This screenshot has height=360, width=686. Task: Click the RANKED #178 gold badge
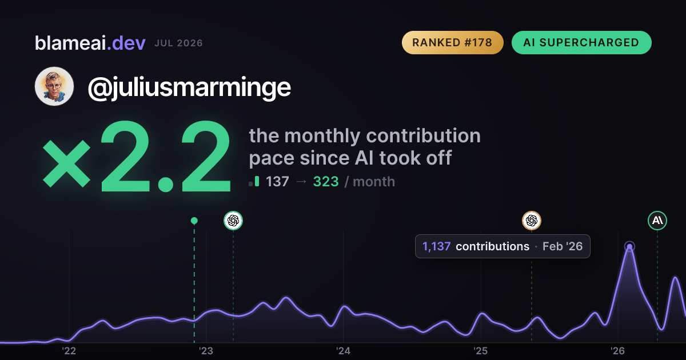click(x=452, y=42)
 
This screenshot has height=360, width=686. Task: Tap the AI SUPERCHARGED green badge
click(x=581, y=42)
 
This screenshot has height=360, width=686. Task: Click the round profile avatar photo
click(x=54, y=86)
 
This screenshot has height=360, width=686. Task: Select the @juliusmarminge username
click(x=189, y=88)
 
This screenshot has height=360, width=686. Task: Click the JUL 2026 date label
click(x=178, y=43)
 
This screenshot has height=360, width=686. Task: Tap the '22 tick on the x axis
click(x=69, y=351)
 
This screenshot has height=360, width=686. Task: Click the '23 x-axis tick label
click(x=206, y=351)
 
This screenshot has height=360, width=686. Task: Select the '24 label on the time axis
click(x=343, y=351)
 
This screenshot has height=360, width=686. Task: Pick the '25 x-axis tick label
click(x=481, y=351)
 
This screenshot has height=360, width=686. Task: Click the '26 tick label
click(x=617, y=351)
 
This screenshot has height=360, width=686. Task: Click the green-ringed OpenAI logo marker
click(x=233, y=221)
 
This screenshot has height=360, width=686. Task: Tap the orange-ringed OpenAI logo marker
click(x=532, y=221)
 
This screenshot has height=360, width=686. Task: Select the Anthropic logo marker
click(x=657, y=221)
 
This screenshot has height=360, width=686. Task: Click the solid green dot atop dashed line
click(x=194, y=221)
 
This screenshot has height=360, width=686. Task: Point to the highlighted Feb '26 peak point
click(x=629, y=246)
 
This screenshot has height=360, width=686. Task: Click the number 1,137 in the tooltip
click(x=436, y=246)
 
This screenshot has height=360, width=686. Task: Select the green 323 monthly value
click(x=326, y=182)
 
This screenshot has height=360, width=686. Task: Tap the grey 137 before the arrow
click(x=277, y=182)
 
